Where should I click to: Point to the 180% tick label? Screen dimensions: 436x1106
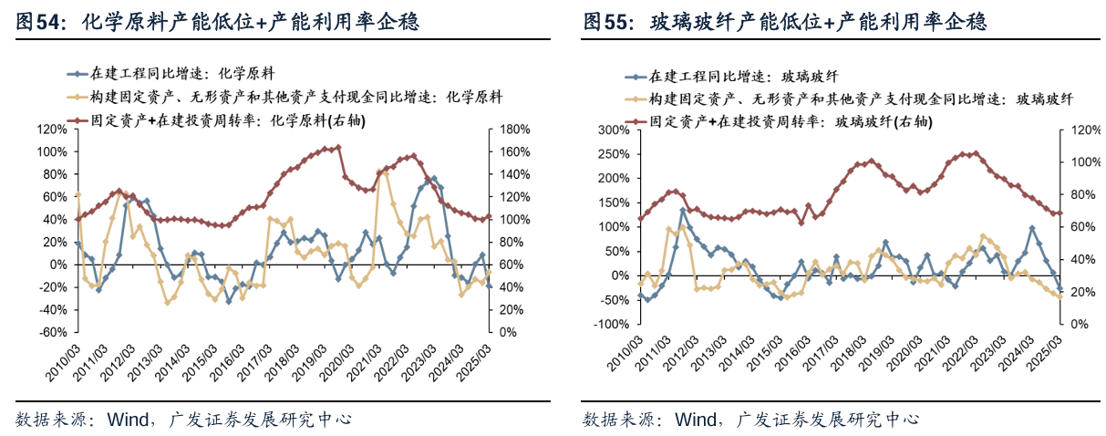pyautogui.click(x=515, y=130)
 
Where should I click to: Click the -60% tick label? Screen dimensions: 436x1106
pyautogui.click(x=52, y=333)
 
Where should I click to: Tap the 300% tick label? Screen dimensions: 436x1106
pyautogui.click(x=614, y=130)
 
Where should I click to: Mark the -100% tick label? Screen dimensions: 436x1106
pyautogui.click(x=611, y=325)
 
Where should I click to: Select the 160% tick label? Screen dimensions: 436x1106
pyautogui.click(x=515, y=152)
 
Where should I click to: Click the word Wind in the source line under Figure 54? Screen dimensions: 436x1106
pyautogui.click(x=127, y=420)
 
